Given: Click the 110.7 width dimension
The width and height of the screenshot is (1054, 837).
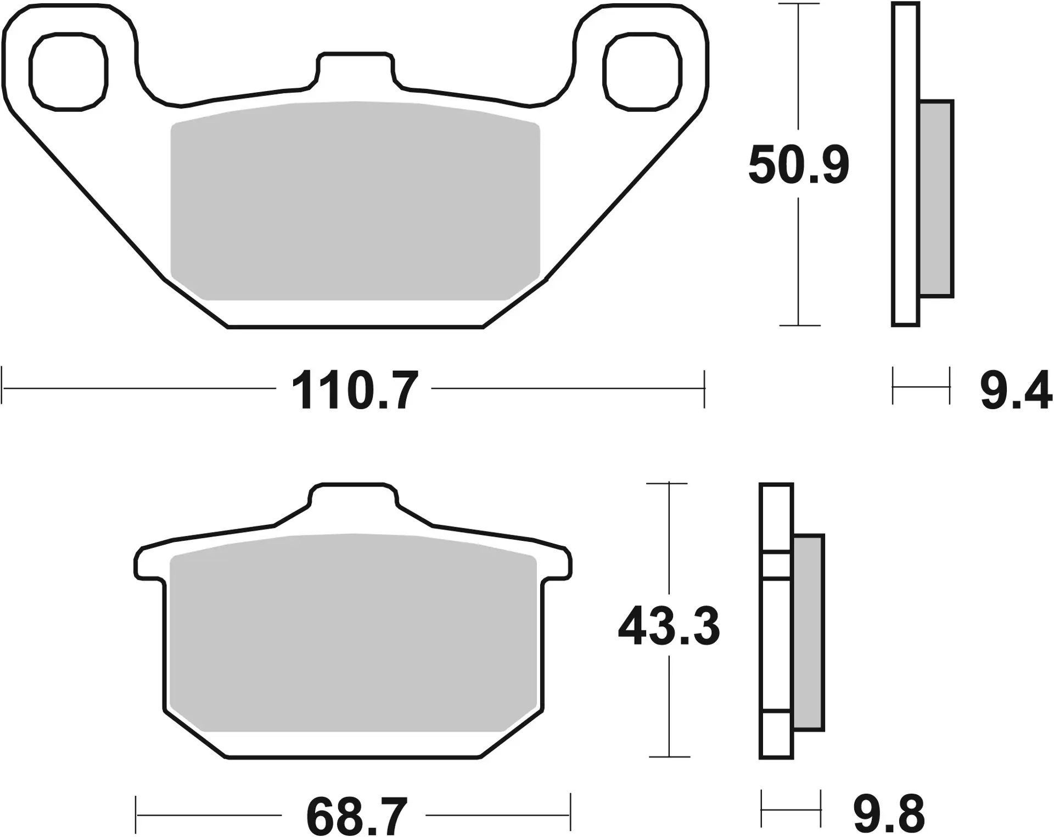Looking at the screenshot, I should click(x=354, y=391).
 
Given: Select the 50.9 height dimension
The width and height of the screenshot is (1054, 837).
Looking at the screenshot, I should click(x=798, y=165).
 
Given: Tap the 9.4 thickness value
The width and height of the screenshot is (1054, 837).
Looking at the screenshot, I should click(x=1016, y=391).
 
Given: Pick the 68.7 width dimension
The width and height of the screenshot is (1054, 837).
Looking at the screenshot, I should click(x=356, y=816).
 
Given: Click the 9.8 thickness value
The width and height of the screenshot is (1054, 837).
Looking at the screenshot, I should click(x=889, y=814).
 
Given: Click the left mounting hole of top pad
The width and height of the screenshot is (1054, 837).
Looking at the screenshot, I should click(x=68, y=71).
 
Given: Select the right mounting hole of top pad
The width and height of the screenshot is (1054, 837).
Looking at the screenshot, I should click(x=642, y=71).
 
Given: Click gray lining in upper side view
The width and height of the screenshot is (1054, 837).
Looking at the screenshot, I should click(x=935, y=199).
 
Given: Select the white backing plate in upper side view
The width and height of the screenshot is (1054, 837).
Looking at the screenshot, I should click(x=905, y=165).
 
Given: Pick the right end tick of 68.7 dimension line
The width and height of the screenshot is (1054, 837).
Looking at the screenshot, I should click(x=570, y=814).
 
